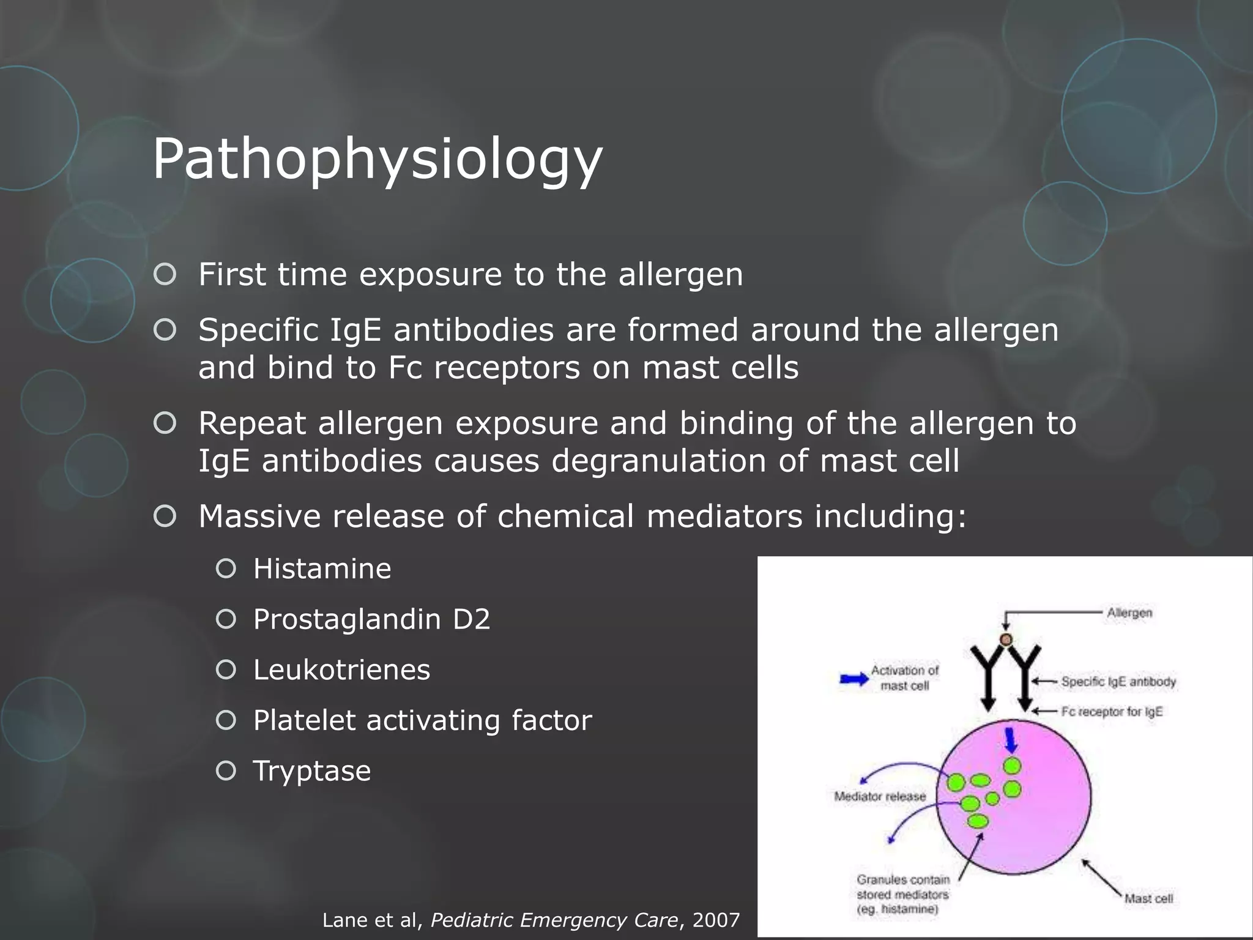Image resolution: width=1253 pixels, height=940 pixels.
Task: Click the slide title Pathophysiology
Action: (377, 159)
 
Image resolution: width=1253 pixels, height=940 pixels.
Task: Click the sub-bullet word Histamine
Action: (322, 569)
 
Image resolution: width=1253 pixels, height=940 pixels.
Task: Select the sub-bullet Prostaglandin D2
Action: (371, 619)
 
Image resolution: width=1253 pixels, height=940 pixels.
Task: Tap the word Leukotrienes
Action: (341, 670)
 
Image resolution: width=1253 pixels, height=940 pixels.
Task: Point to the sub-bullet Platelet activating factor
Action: (422, 720)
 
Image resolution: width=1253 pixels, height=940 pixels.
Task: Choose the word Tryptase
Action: (312, 771)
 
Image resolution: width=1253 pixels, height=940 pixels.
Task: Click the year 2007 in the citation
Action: (716, 920)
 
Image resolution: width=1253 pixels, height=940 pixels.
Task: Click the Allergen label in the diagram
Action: (1129, 613)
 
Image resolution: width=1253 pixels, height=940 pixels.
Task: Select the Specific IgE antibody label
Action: (1118, 682)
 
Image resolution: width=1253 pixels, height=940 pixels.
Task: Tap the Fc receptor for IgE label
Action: (1112, 712)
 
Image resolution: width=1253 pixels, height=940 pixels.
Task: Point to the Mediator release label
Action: (880, 796)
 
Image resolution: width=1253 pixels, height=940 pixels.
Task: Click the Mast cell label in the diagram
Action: (1148, 898)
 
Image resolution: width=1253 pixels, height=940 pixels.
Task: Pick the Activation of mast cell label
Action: (904, 678)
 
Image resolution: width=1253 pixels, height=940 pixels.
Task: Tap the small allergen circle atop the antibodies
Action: (1006, 640)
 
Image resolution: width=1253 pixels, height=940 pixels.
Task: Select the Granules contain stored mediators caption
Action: (902, 894)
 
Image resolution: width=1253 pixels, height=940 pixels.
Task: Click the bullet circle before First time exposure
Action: (165, 275)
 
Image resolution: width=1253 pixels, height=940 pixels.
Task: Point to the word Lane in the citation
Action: (345, 920)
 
